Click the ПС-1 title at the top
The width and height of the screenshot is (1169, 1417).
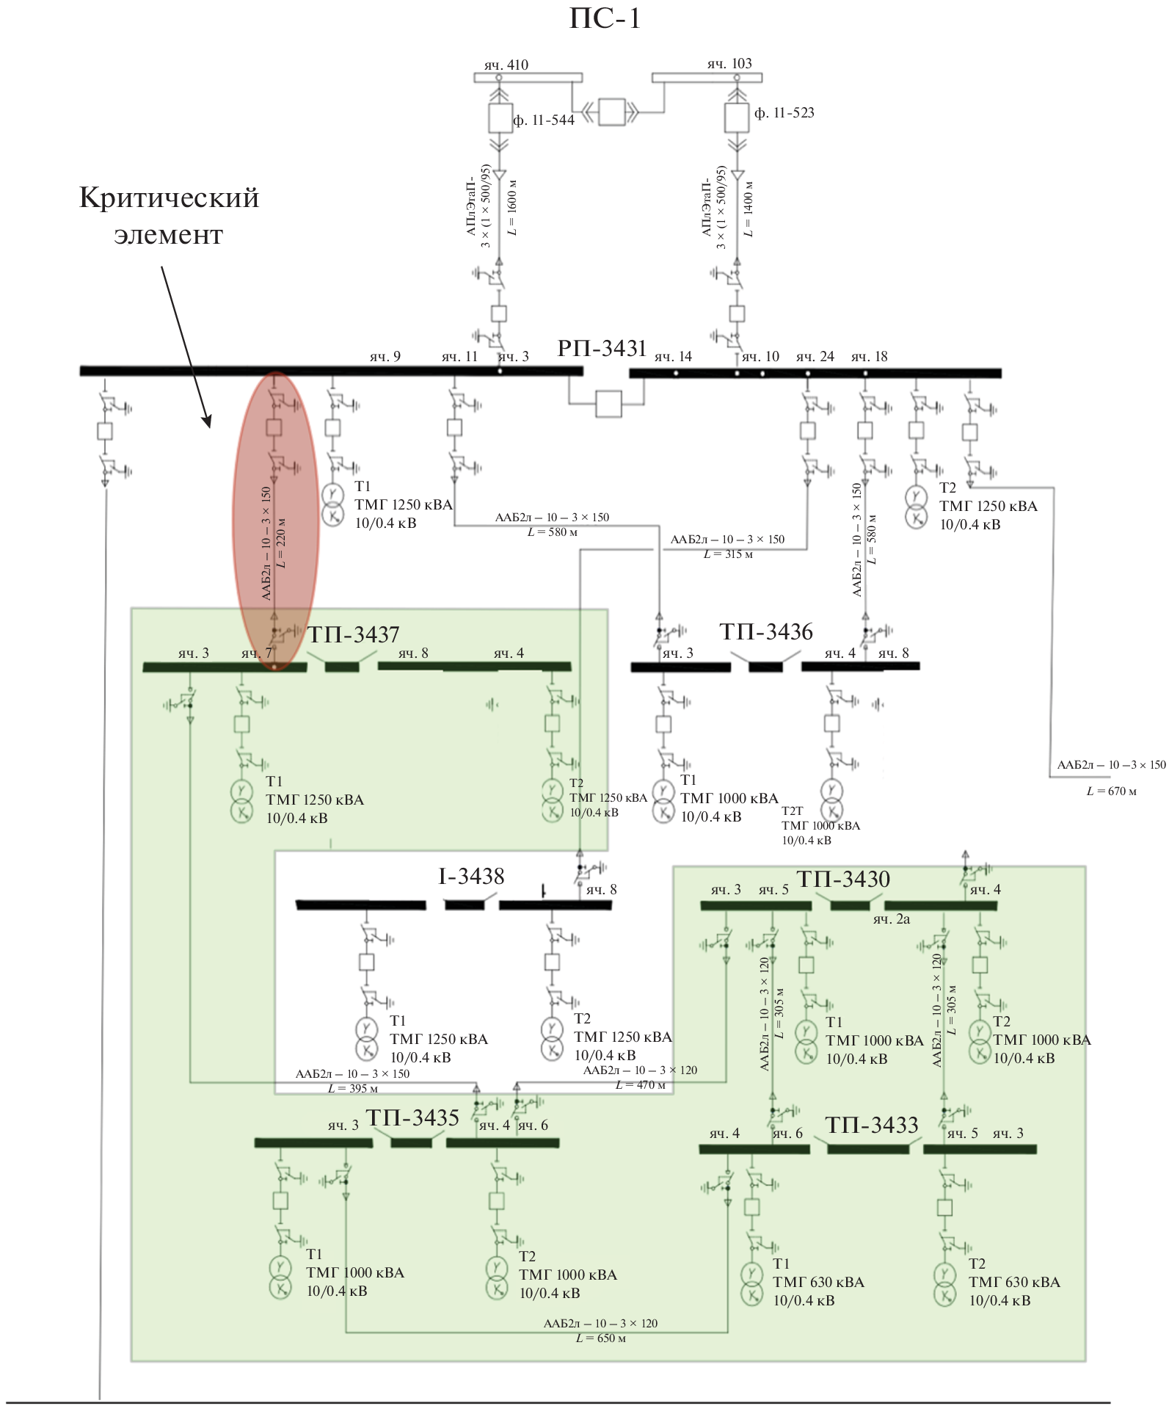coord(605,18)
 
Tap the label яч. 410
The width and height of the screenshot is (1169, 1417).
coord(506,65)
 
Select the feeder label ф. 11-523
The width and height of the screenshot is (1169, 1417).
coord(784,113)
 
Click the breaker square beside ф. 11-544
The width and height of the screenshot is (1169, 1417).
coord(500,117)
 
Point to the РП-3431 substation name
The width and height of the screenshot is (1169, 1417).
coord(602,348)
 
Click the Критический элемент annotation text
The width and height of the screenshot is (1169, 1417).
coord(169,216)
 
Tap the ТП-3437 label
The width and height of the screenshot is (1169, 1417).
coord(354,634)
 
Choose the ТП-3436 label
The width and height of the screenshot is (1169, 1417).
coord(766,631)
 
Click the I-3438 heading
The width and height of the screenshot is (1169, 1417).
coord(471,876)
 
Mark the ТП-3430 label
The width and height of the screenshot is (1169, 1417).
coord(843,879)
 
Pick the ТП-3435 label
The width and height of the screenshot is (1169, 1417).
coord(412,1117)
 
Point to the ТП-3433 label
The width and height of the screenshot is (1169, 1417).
coord(872,1125)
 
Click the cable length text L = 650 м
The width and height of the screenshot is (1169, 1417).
coord(601,1338)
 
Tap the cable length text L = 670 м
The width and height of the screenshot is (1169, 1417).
coord(1111,791)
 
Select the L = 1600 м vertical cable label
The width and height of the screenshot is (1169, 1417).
coord(512,208)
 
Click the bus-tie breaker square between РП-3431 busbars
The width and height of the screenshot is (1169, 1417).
coord(608,404)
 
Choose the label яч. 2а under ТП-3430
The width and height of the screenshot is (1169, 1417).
coord(891,919)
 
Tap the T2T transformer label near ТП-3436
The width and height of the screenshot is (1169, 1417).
coord(793,811)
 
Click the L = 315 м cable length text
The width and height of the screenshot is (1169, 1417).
coord(728,554)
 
